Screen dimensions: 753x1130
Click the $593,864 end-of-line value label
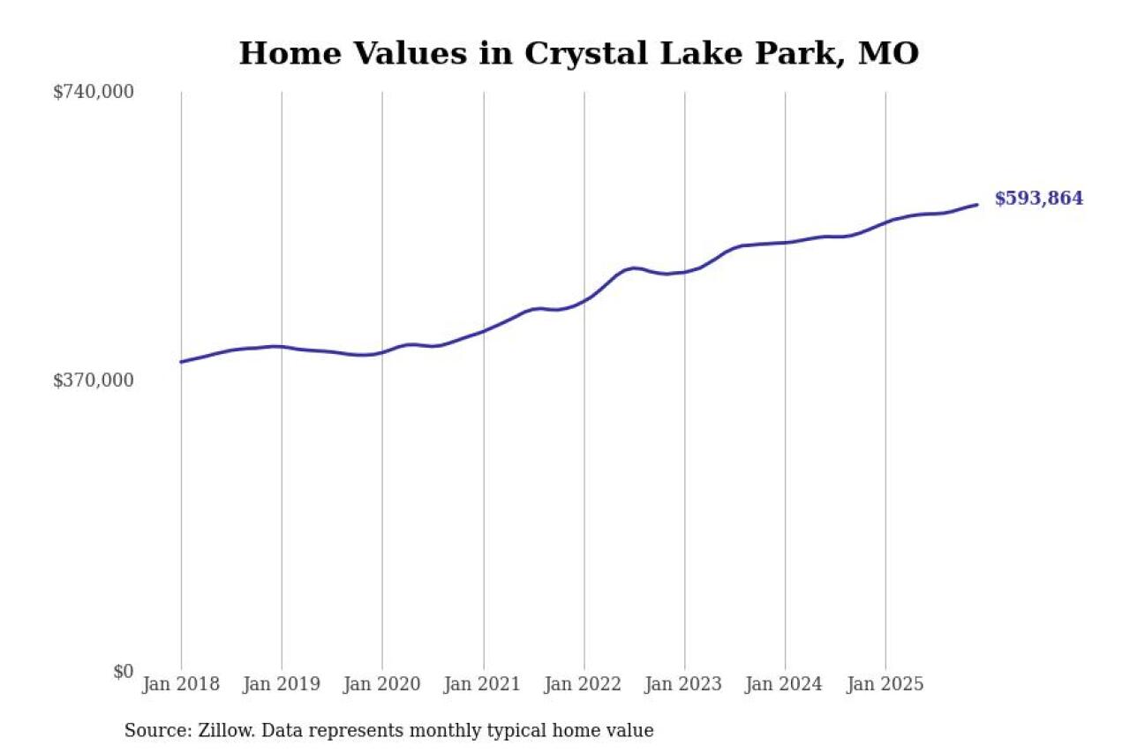[1038, 199]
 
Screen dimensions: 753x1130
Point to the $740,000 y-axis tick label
[94, 92]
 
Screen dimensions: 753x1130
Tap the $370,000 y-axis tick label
[94, 380]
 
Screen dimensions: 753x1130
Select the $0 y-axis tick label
[123, 671]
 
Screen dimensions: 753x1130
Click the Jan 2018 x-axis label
[181, 685]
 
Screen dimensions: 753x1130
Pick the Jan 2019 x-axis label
[282, 685]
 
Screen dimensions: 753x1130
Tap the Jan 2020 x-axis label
[382, 685]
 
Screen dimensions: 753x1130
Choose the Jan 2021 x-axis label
[483, 685]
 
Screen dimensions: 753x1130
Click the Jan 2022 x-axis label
[584, 685]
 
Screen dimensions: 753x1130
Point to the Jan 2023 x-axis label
[684, 685]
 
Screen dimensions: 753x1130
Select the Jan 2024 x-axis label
[785, 685]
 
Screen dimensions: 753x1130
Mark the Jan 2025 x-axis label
[885, 685]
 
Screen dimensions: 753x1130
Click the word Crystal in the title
[580, 54]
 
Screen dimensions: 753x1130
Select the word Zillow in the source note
[222, 731]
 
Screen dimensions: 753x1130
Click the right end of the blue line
[977, 205]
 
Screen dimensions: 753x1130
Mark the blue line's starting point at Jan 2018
[181, 362]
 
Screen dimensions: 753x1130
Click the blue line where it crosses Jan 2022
[584, 300]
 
